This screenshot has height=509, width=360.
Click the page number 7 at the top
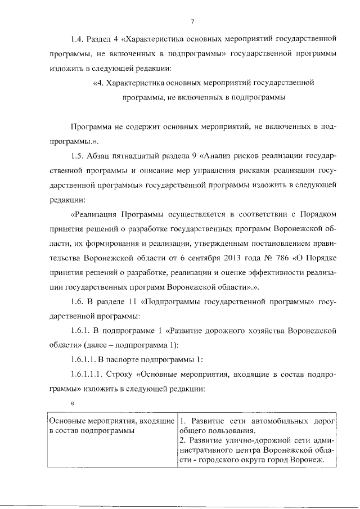(192, 21)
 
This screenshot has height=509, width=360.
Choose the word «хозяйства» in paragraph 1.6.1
(250, 331)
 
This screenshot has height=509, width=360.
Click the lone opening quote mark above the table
(72, 403)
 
